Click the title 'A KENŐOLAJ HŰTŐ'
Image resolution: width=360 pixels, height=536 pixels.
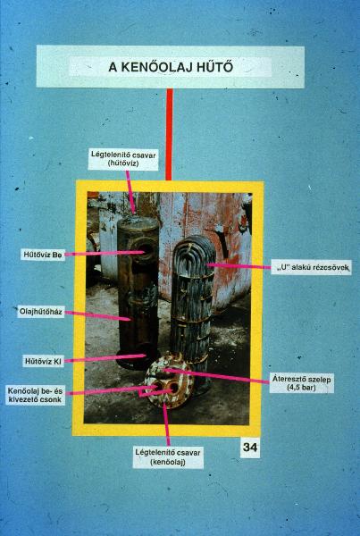point(171,67)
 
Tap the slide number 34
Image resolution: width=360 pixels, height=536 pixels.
point(250,448)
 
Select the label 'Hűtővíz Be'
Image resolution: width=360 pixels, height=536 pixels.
point(43,255)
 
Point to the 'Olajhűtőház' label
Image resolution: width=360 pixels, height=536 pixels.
point(41,312)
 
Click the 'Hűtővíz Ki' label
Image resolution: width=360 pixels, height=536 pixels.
point(43,361)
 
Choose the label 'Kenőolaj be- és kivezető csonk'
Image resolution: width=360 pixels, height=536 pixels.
point(35,395)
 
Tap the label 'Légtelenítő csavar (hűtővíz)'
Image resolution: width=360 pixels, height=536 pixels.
point(123,159)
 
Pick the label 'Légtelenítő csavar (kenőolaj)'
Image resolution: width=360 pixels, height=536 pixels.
point(168,457)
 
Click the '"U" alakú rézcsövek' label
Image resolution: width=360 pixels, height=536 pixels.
point(311,267)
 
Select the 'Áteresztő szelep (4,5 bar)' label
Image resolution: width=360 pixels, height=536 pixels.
point(301,383)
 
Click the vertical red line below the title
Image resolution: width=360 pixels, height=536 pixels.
point(169,134)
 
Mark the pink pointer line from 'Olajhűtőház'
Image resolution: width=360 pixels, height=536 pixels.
point(97,315)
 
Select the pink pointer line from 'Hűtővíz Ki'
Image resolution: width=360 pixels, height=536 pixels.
point(105,358)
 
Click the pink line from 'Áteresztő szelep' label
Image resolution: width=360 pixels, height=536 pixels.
point(217,375)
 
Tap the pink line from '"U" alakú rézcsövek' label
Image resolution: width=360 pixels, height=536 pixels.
point(239,266)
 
